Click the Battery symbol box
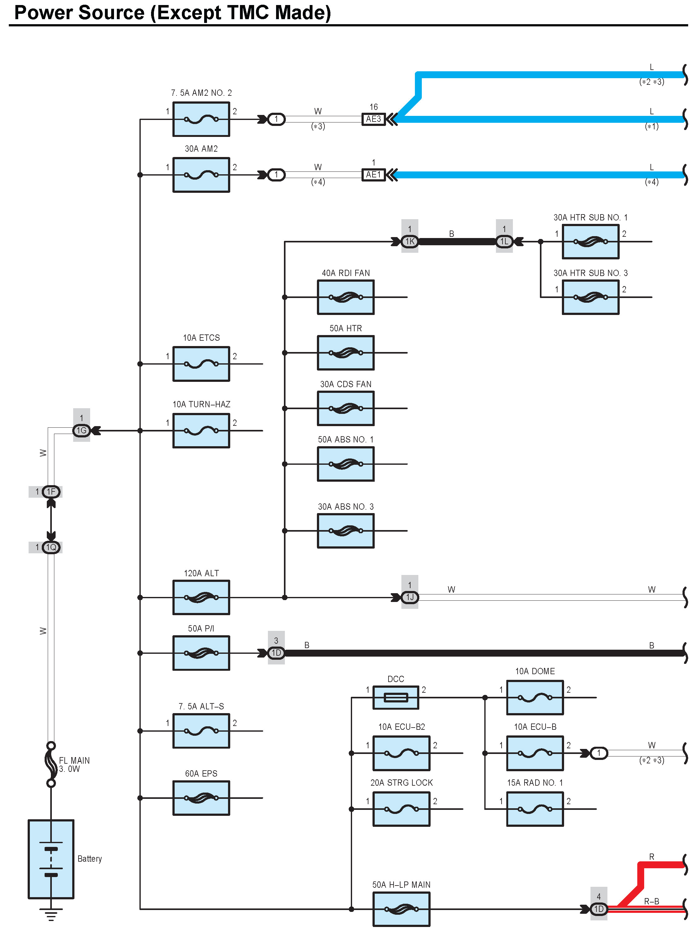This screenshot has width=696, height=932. [x=51, y=859]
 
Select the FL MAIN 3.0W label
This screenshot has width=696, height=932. [x=74, y=764]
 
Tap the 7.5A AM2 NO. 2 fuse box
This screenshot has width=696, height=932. [x=201, y=119]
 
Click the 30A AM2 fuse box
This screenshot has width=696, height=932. [x=201, y=175]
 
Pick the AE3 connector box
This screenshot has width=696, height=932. [x=373, y=119]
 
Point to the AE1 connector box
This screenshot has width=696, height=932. [x=373, y=175]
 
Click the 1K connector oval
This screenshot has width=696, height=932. [x=410, y=241]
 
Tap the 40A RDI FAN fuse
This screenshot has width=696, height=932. [x=345, y=297]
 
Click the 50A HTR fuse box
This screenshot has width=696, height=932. [x=345, y=353]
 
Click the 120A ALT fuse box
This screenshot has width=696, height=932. [x=201, y=597]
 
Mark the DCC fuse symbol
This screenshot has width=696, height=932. [x=396, y=697]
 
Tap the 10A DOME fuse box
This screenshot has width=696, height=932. [x=535, y=697]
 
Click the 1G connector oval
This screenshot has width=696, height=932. [x=81, y=431]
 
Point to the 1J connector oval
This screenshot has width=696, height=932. [x=410, y=597]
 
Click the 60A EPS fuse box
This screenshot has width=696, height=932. [x=201, y=798]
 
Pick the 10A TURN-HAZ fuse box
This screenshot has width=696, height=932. [x=201, y=431]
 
